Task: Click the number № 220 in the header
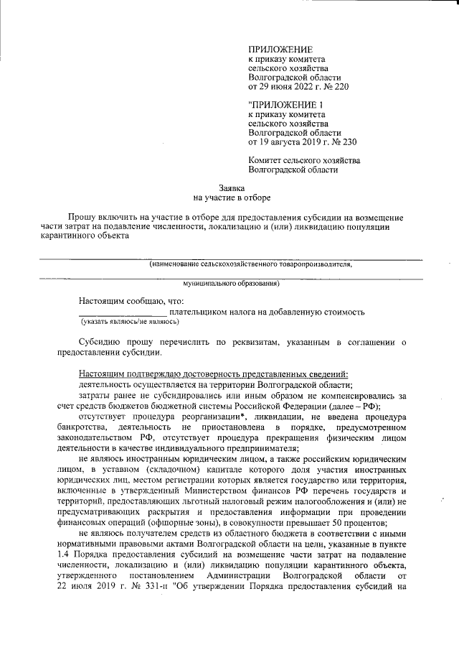[323, 87]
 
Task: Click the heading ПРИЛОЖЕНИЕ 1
[284, 105]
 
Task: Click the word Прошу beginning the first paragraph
[82, 216]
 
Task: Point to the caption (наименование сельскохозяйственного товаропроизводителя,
[250, 264]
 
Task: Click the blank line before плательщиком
[123, 313]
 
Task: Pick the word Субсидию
[101, 343]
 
